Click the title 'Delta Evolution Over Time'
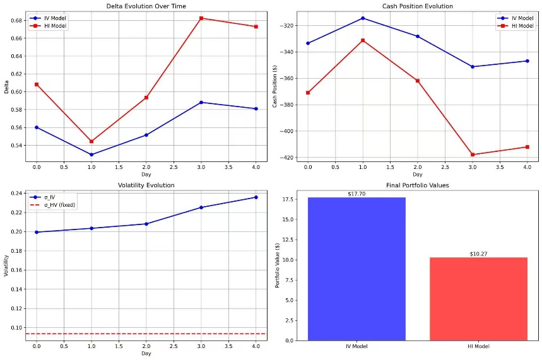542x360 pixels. pos(146,6)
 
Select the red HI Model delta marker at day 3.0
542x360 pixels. pos(201,18)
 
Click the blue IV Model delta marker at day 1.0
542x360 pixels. pos(91,154)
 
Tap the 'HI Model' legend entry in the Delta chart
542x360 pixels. pos(56,26)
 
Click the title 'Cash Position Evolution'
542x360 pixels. pos(417,6)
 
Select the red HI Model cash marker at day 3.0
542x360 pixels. pos(473,154)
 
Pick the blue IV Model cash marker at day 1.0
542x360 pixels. pos(363,18)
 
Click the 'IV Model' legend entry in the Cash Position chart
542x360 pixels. pos(521,18)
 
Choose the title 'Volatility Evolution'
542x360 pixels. pos(146,185)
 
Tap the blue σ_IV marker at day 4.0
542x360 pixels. pos(256,197)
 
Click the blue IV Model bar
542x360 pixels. pos(356,269)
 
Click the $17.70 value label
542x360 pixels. pos(356,194)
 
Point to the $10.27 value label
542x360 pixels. pos(479,254)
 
